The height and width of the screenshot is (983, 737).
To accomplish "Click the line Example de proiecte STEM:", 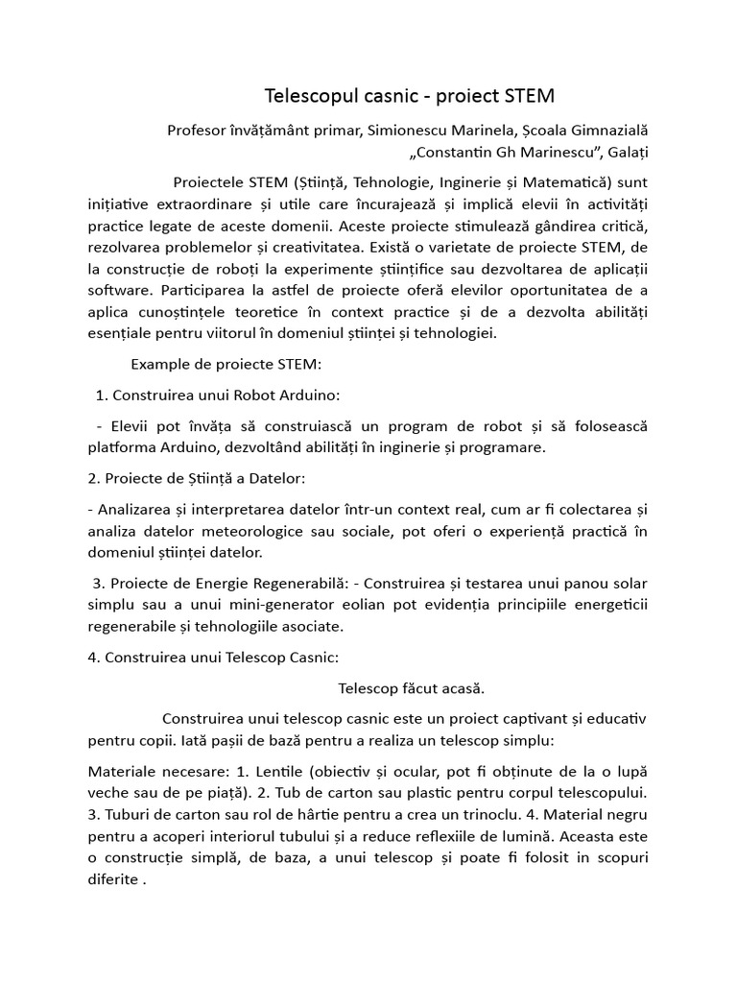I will pyautogui.click(x=226, y=365).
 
